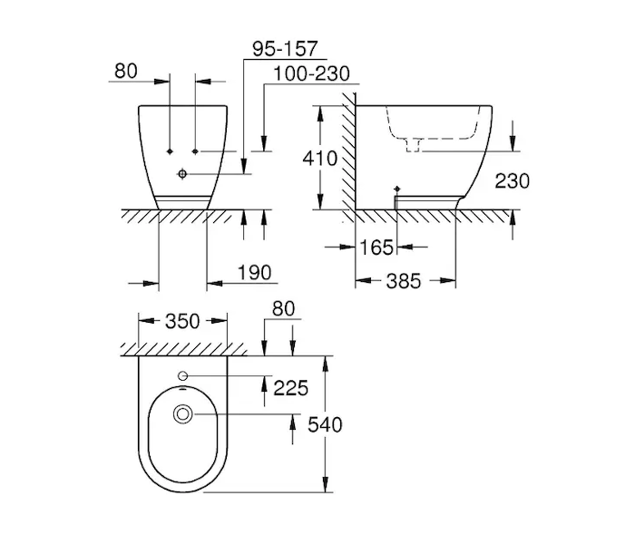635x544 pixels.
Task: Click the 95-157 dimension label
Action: [285, 49]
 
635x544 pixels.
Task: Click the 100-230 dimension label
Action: [312, 74]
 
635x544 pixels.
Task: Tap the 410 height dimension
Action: [320, 159]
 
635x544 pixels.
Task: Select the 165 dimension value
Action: [376, 248]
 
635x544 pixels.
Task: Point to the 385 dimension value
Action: [404, 281]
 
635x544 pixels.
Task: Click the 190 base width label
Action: [254, 273]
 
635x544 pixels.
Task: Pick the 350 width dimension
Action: [182, 321]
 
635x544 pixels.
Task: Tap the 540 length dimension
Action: [325, 425]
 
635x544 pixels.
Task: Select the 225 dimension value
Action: [291, 388]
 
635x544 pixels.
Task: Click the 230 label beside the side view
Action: [513, 181]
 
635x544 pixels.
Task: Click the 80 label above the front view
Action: [126, 72]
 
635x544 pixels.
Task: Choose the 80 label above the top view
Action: [283, 309]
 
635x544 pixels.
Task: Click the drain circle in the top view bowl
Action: [182, 414]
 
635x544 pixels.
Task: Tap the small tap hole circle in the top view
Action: [182, 376]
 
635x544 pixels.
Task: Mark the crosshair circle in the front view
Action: [182, 174]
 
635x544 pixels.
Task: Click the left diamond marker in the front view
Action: [171, 151]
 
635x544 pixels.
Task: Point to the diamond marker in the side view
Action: [397, 189]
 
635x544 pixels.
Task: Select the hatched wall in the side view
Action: [348, 158]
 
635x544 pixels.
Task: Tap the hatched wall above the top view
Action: [184, 349]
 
